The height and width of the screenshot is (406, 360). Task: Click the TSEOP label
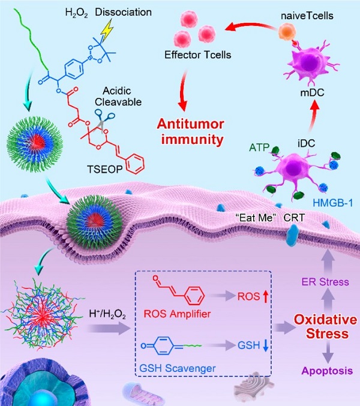tap(104, 169)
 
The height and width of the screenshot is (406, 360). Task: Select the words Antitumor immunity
tap(190, 132)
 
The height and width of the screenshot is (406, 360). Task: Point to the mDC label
tap(312, 93)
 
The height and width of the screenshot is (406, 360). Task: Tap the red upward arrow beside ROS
tap(265, 296)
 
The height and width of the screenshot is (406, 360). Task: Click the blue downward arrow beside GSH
tap(265, 345)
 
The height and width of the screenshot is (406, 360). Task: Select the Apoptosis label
tap(327, 371)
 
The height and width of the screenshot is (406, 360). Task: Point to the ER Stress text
tap(325, 282)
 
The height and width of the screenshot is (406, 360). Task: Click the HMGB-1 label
tap(333, 203)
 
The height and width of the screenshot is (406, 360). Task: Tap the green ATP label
tap(259, 148)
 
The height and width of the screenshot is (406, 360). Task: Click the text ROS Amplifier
tap(177, 314)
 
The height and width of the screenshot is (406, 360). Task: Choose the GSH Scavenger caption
tap(178, 368)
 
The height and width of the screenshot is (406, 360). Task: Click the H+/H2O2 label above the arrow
tap(107, 314)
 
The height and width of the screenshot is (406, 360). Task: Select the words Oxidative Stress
tap(326, 326)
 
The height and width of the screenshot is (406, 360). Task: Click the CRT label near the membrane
tap(293, 218)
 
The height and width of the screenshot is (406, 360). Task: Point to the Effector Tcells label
tap(198, 55)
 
